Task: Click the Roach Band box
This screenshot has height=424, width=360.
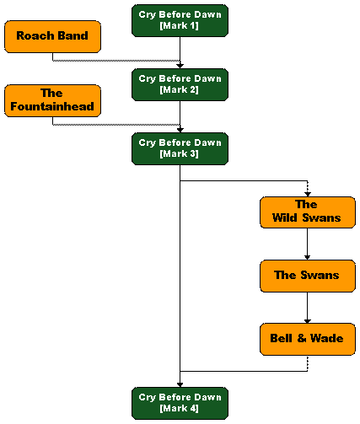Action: (52, 36)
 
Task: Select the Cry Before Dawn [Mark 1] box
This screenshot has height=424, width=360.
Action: (180, 20)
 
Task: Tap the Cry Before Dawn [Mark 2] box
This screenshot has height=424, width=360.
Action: (180, 84)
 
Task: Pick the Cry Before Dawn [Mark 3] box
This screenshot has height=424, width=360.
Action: (180, 148)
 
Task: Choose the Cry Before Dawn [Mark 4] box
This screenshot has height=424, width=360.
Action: (180, 403)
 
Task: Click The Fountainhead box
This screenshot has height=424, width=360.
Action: (52, 100)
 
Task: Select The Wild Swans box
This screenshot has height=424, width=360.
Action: (308, 212)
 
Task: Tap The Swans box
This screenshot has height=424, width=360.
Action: (308, 276)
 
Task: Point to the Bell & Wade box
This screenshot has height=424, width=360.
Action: (308, 339)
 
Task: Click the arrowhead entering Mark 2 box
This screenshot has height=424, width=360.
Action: (180, 66)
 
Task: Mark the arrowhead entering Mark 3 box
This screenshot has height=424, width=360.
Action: (180, 130)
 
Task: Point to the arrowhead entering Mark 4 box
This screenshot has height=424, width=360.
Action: (180, 385)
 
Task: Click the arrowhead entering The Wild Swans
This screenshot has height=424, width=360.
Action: (308, 195)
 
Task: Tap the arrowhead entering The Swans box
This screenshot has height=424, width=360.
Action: (308, 258)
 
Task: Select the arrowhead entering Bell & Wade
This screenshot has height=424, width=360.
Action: (308, 321)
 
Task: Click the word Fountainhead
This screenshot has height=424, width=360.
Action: (52, 106)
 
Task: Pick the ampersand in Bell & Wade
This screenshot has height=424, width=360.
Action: (302, 338)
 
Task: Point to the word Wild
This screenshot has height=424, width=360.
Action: (285, 217)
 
